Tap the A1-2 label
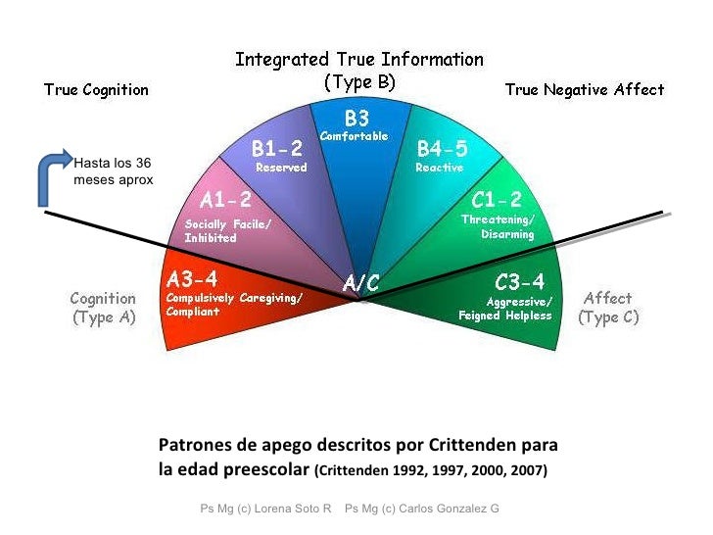pos(226,201)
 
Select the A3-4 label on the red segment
pos(192,277)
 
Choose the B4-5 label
pos(444,149)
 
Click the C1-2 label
pos(497,200)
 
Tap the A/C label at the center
pos(360,283)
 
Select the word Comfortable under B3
pos(355,136)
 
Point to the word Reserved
pos(281,168)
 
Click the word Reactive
pos(439,168)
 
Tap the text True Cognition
pos(96,90)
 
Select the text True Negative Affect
pos(584,90)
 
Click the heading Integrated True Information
pos(359,60)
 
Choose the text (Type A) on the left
pos(103,317)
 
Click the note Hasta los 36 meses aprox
pos(113,171)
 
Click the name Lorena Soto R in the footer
pos(290,509)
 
